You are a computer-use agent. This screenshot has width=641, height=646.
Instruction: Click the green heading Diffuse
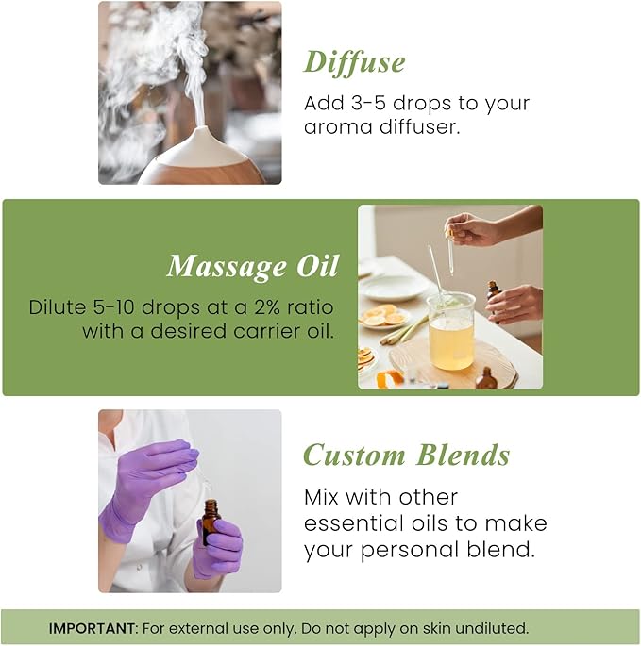pos(354,62)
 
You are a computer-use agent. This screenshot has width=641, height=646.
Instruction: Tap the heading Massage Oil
pos(252,268)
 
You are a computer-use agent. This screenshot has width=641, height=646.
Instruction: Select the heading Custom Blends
pos(406,456)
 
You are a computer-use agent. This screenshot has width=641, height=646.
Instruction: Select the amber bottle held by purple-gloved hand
pos(211,522)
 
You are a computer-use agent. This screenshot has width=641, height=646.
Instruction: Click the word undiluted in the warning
pos(493,627)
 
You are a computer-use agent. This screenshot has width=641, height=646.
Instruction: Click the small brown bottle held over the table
pos(493,290)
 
